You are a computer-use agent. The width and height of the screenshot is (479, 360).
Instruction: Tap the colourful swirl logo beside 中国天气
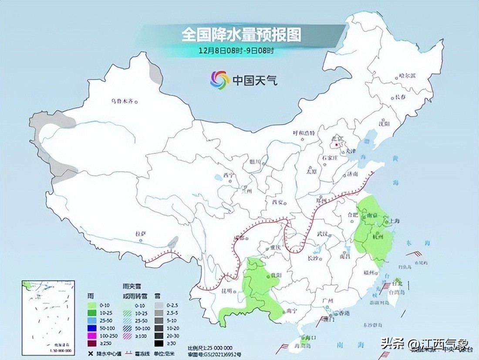point(220,80)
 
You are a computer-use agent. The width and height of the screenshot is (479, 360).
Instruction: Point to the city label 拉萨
point(140,234)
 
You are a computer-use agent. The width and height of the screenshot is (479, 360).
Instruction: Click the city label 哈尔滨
point(407,75)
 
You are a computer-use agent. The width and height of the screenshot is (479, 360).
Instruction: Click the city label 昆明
point(226,290)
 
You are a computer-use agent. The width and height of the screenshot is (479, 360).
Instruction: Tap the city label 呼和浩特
point(303,133)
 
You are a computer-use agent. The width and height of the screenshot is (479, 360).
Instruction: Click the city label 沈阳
point(384,124)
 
